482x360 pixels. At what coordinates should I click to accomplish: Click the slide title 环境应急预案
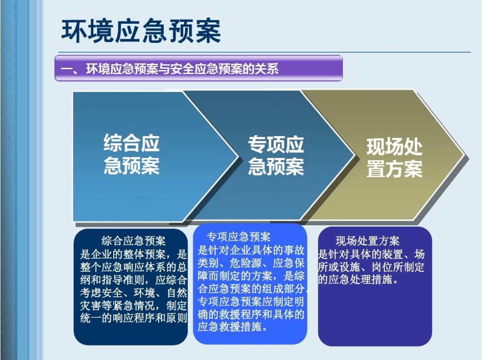pos(141,31)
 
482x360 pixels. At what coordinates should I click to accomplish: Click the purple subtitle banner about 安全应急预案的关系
pos(199,68)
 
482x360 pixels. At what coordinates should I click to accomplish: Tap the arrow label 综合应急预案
pos(131,154)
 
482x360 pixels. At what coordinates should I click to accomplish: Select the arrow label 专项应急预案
pos(276,156)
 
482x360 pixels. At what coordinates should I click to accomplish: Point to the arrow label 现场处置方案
pos(394,157)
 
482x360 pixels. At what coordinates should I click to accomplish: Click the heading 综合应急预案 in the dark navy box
pos(133,241)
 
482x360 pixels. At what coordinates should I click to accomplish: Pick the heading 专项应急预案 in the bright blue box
pos(239,237)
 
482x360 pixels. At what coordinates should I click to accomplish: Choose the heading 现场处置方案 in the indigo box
pos(367,241)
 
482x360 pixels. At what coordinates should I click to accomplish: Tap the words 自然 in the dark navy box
pos(177,293)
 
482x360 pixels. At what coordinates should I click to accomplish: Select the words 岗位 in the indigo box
pos(382,267)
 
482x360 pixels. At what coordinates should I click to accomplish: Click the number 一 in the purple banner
pos(66,69)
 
